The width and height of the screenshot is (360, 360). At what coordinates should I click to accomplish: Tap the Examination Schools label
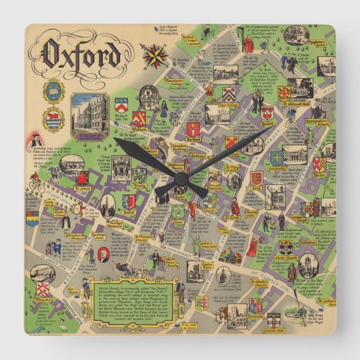click(x=324, y=124)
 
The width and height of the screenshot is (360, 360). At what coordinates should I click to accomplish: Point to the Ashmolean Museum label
click(x=76, y=236)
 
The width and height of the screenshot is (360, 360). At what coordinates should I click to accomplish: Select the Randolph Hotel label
click(x=99, y=236)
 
